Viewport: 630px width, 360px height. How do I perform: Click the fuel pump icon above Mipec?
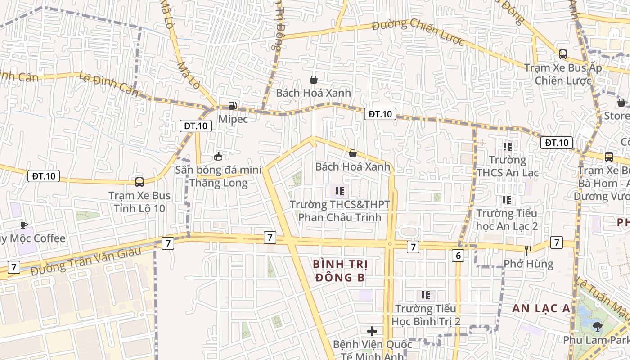[x=233, y=106]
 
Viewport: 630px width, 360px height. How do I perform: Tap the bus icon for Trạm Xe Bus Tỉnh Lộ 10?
[x=139, y=182]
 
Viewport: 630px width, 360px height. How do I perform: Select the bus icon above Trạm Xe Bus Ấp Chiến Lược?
[x=562, y=54]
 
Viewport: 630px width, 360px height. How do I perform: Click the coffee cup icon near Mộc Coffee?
[x=24, y=225]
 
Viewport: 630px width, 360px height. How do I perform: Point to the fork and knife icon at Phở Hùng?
[x=528, y=250]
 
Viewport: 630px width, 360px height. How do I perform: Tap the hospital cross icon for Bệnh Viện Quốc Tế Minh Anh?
[x=372, y=332]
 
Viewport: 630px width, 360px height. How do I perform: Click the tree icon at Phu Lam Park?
[x=597, y=326]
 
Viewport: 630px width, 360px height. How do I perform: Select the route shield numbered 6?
[x=458, y=256]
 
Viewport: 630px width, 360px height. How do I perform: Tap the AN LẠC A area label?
[x=541, y=308]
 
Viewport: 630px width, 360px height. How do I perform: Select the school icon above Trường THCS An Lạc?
[x=508, y=146]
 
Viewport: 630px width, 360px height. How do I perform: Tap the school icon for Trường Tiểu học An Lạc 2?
[x=507, y=200]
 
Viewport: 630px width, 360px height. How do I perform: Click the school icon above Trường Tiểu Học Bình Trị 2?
[x=426, y=295]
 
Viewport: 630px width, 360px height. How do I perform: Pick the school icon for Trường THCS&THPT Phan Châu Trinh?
[x=340, y=191]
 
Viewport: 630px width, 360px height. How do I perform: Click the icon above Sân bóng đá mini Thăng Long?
[x=218, y=157]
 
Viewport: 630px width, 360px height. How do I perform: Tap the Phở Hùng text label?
[x=528, y=264]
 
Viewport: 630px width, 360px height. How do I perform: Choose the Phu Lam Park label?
[x=596, y=340]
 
